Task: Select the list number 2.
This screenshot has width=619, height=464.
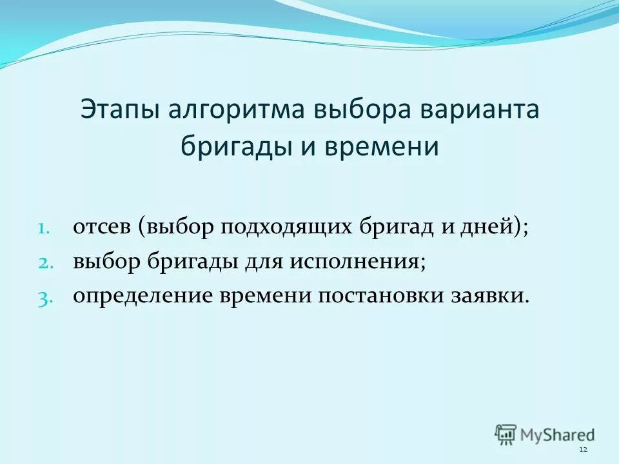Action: point(41,262)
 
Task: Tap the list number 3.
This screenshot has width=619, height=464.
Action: point(41,296)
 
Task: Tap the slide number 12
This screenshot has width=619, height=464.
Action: point(584,449)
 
